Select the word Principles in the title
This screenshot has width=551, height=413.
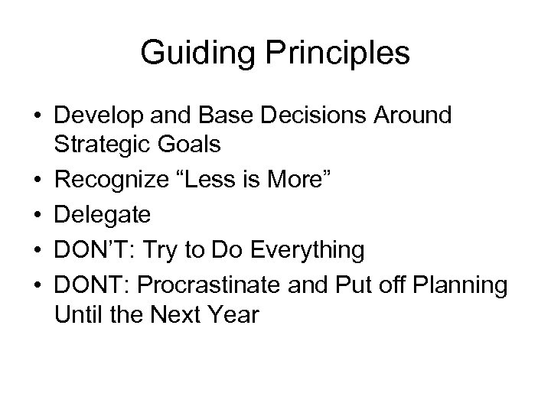coord(334,54)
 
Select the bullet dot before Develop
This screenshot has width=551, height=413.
coord(37,116)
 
